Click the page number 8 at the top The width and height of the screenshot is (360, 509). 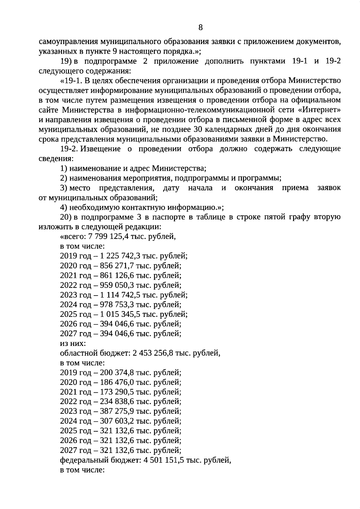tap(200, 28)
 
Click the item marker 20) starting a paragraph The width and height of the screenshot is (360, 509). tap(65, 217)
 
